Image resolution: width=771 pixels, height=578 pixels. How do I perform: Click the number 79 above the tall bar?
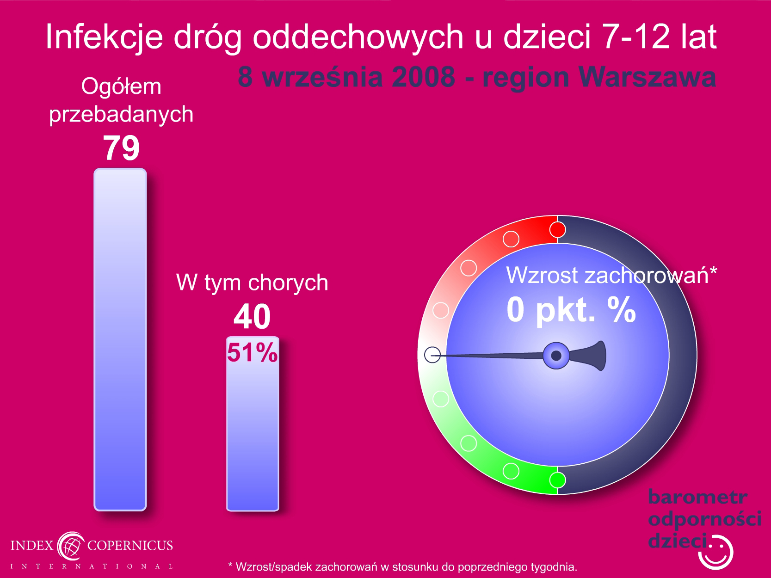pos(121,148)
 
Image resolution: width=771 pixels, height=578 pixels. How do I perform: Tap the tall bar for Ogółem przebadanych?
pos(120,339)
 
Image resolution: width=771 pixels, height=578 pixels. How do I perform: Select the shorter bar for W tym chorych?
pos(253,424)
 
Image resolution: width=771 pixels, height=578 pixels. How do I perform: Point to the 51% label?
pos(252,352)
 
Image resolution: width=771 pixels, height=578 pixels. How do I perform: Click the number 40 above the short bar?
pos(252,317)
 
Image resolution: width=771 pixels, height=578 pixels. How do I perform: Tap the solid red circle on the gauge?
pos(557,230)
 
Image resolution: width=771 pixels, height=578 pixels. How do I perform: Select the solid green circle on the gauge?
pos(557,480)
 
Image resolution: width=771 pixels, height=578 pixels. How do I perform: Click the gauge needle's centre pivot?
pos(556,356)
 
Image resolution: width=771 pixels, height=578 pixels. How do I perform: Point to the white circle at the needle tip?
pos(432,355)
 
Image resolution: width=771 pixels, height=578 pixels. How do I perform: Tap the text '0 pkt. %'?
pos(571,310)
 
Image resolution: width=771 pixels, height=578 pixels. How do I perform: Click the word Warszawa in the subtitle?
pos(648,77)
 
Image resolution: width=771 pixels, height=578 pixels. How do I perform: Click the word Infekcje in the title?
pos(105,37)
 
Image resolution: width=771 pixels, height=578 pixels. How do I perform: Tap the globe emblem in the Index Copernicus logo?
pos(71,546)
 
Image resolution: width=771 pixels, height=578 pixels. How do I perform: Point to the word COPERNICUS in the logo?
pos(130,545)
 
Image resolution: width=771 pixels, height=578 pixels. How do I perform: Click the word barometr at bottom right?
pos(697,497)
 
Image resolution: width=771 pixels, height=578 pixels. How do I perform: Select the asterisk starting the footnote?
pos(230,565)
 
